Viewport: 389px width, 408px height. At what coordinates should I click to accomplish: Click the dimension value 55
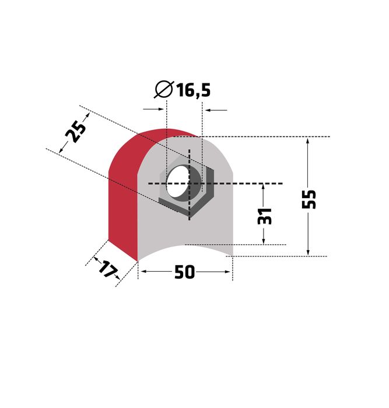click(x=309, y=199)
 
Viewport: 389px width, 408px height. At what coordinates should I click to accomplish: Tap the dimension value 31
click(x=264, y=216)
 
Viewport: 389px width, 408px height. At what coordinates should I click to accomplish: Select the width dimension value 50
click(x=184, y=272)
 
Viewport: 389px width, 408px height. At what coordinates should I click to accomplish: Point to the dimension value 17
click(x=107, y=269)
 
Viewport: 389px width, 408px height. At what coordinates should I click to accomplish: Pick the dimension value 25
click(x=75, y=132)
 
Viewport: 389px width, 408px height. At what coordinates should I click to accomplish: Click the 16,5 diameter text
click(x=194, y=90)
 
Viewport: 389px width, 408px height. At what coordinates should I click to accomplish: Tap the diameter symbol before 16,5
click(x=164, y=89)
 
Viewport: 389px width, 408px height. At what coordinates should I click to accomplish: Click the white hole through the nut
click(x=177, y=181)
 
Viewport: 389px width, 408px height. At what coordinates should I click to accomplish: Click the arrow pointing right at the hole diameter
click(x=153, y=110)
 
